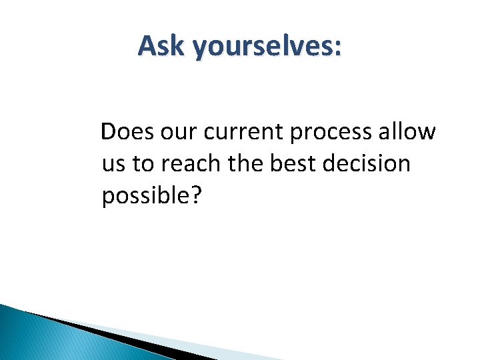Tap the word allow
pos(407,133)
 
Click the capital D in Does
pos(108,133)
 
